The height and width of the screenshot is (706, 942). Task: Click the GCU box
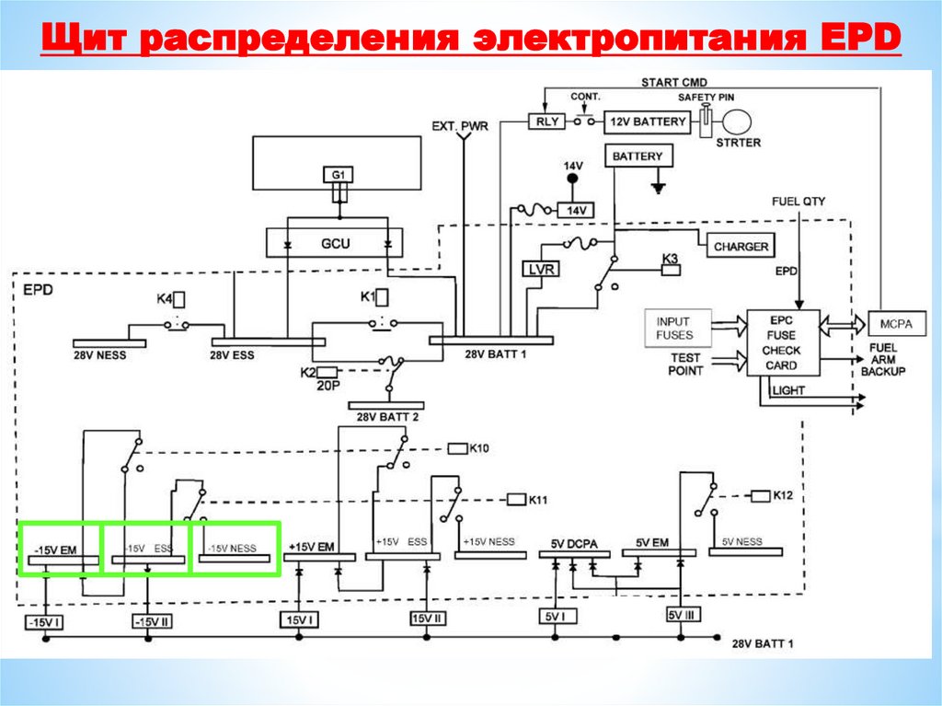point(337,244)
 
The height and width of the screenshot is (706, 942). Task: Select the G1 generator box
point(338,174)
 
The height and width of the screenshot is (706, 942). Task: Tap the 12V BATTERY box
point(646,122)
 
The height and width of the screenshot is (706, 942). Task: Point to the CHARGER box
point(741,247)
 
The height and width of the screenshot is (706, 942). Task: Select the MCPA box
point(891,324)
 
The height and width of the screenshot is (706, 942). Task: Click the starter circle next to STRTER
point(739,122)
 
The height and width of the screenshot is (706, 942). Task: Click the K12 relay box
point(760,496)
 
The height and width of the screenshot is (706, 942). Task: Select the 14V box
point(576,211)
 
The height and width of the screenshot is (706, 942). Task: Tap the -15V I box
point(43,622)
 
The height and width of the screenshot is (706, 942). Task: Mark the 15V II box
point(428,619)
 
